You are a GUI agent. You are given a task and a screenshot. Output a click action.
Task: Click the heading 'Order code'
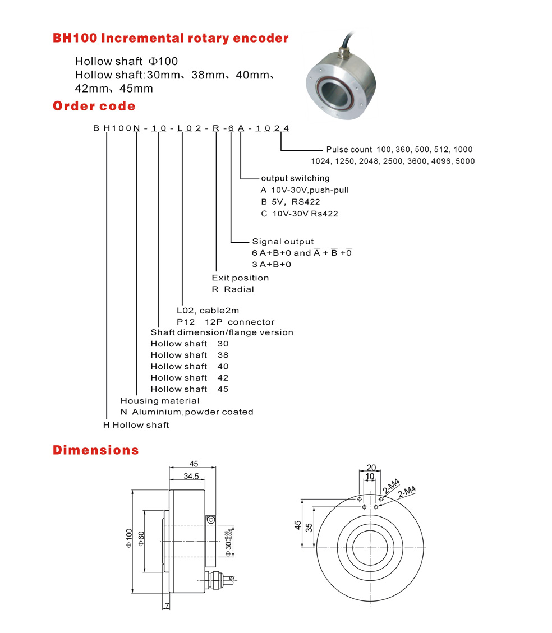(x=94, y=106)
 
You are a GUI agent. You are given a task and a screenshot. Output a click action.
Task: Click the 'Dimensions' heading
(x=95, y=450)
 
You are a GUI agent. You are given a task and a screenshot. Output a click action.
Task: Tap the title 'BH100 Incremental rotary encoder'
(x=171, y=38)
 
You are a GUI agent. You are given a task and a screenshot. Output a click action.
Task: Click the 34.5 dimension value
(x=191, y=476)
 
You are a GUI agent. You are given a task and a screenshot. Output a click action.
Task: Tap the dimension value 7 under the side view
(x=167, y=606)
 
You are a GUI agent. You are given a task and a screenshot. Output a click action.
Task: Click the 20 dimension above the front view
(x=371, y=467)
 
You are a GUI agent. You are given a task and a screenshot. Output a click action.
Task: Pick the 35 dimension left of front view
(x=309, y=526)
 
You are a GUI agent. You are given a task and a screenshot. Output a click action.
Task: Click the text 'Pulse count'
(x=348, y=150)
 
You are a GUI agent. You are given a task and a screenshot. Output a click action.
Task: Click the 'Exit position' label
(x=240, y=278)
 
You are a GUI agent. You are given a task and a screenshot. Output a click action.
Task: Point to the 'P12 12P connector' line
(x=226, y=322)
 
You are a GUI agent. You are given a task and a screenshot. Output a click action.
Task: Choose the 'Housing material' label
(x=160, y=400)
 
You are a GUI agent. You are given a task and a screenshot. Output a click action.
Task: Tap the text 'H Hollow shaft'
(x=136, y=425)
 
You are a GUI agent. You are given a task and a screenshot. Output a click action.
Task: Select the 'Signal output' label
(x=283, y=242)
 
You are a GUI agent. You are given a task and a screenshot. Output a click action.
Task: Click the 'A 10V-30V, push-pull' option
(x=300, y=190)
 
